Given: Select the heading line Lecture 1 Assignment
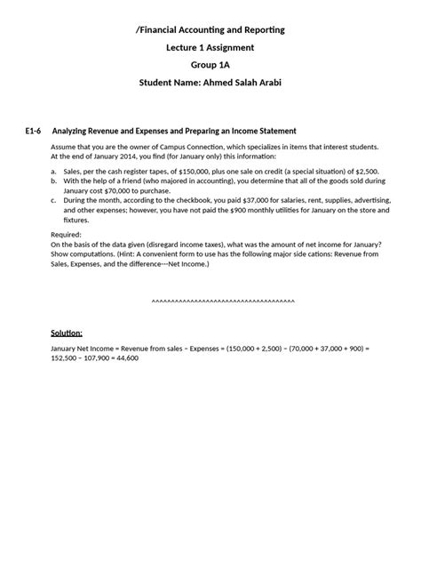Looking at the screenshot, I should pyautogui.click(x=210, y=47).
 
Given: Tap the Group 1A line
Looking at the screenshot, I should pyautogui.click(x=210, y=65).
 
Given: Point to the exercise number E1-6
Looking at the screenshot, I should pyautogui.click(x=34, y=131).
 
